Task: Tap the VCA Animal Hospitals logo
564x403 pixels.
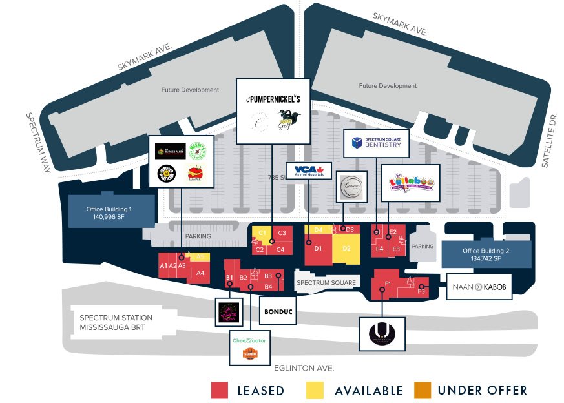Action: tap(308, 171)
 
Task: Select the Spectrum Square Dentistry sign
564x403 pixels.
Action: tap(377, 143)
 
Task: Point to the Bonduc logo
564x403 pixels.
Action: tap(278, 311)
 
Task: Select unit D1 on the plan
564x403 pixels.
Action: tap(318, 248)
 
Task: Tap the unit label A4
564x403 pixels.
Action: tap(200, 273)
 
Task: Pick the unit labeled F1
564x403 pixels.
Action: tap(388, 284)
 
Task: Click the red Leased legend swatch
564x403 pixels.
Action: tap(220, 390)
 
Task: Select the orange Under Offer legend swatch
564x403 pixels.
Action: tap(423, 390)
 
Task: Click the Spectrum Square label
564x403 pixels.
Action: tap(326, 283)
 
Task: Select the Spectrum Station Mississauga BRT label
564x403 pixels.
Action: tap(116, 323)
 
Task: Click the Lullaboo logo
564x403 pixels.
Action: tap(411, 183)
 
